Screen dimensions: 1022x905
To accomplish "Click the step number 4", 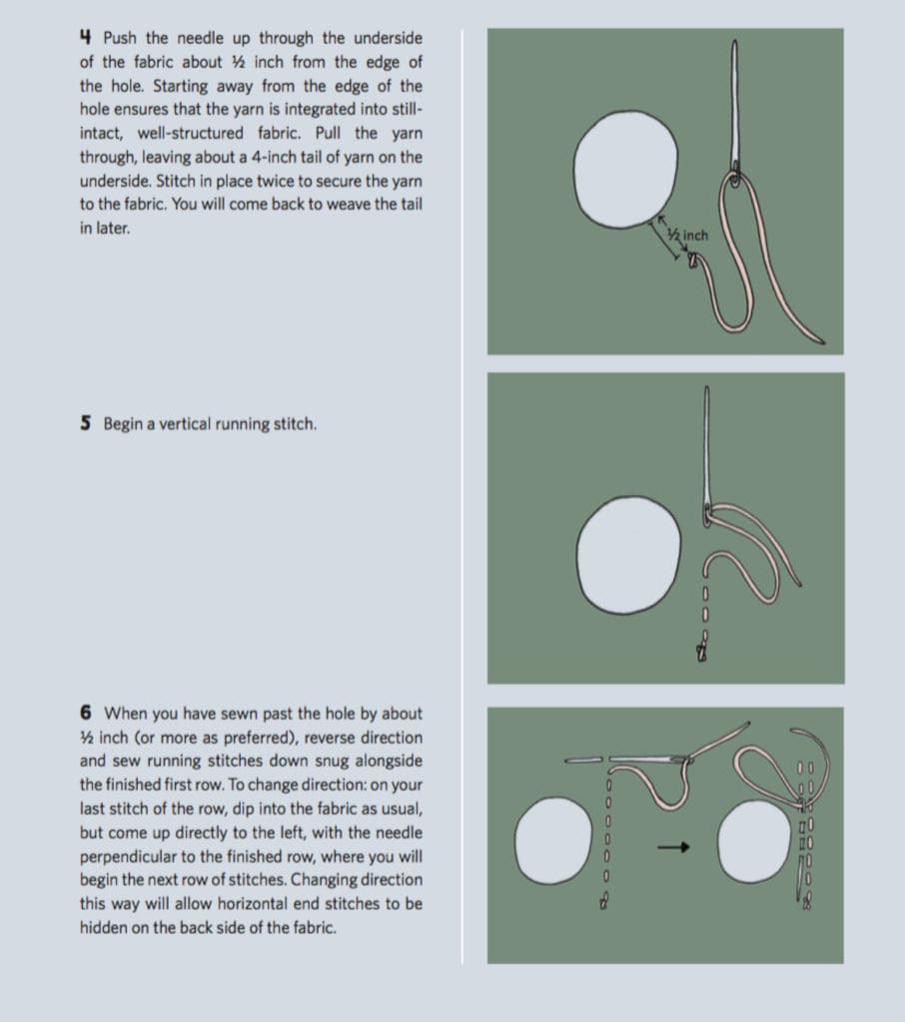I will (86, 38).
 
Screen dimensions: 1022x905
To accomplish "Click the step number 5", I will (86, 423).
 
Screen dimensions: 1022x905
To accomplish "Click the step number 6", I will (86, 713).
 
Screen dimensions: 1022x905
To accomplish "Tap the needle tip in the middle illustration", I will (708, 392).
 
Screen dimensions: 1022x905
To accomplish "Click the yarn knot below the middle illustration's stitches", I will (703, 654).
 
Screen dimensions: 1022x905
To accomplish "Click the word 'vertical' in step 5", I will (180, 424).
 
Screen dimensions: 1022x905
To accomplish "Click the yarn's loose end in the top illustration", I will (821, 340).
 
